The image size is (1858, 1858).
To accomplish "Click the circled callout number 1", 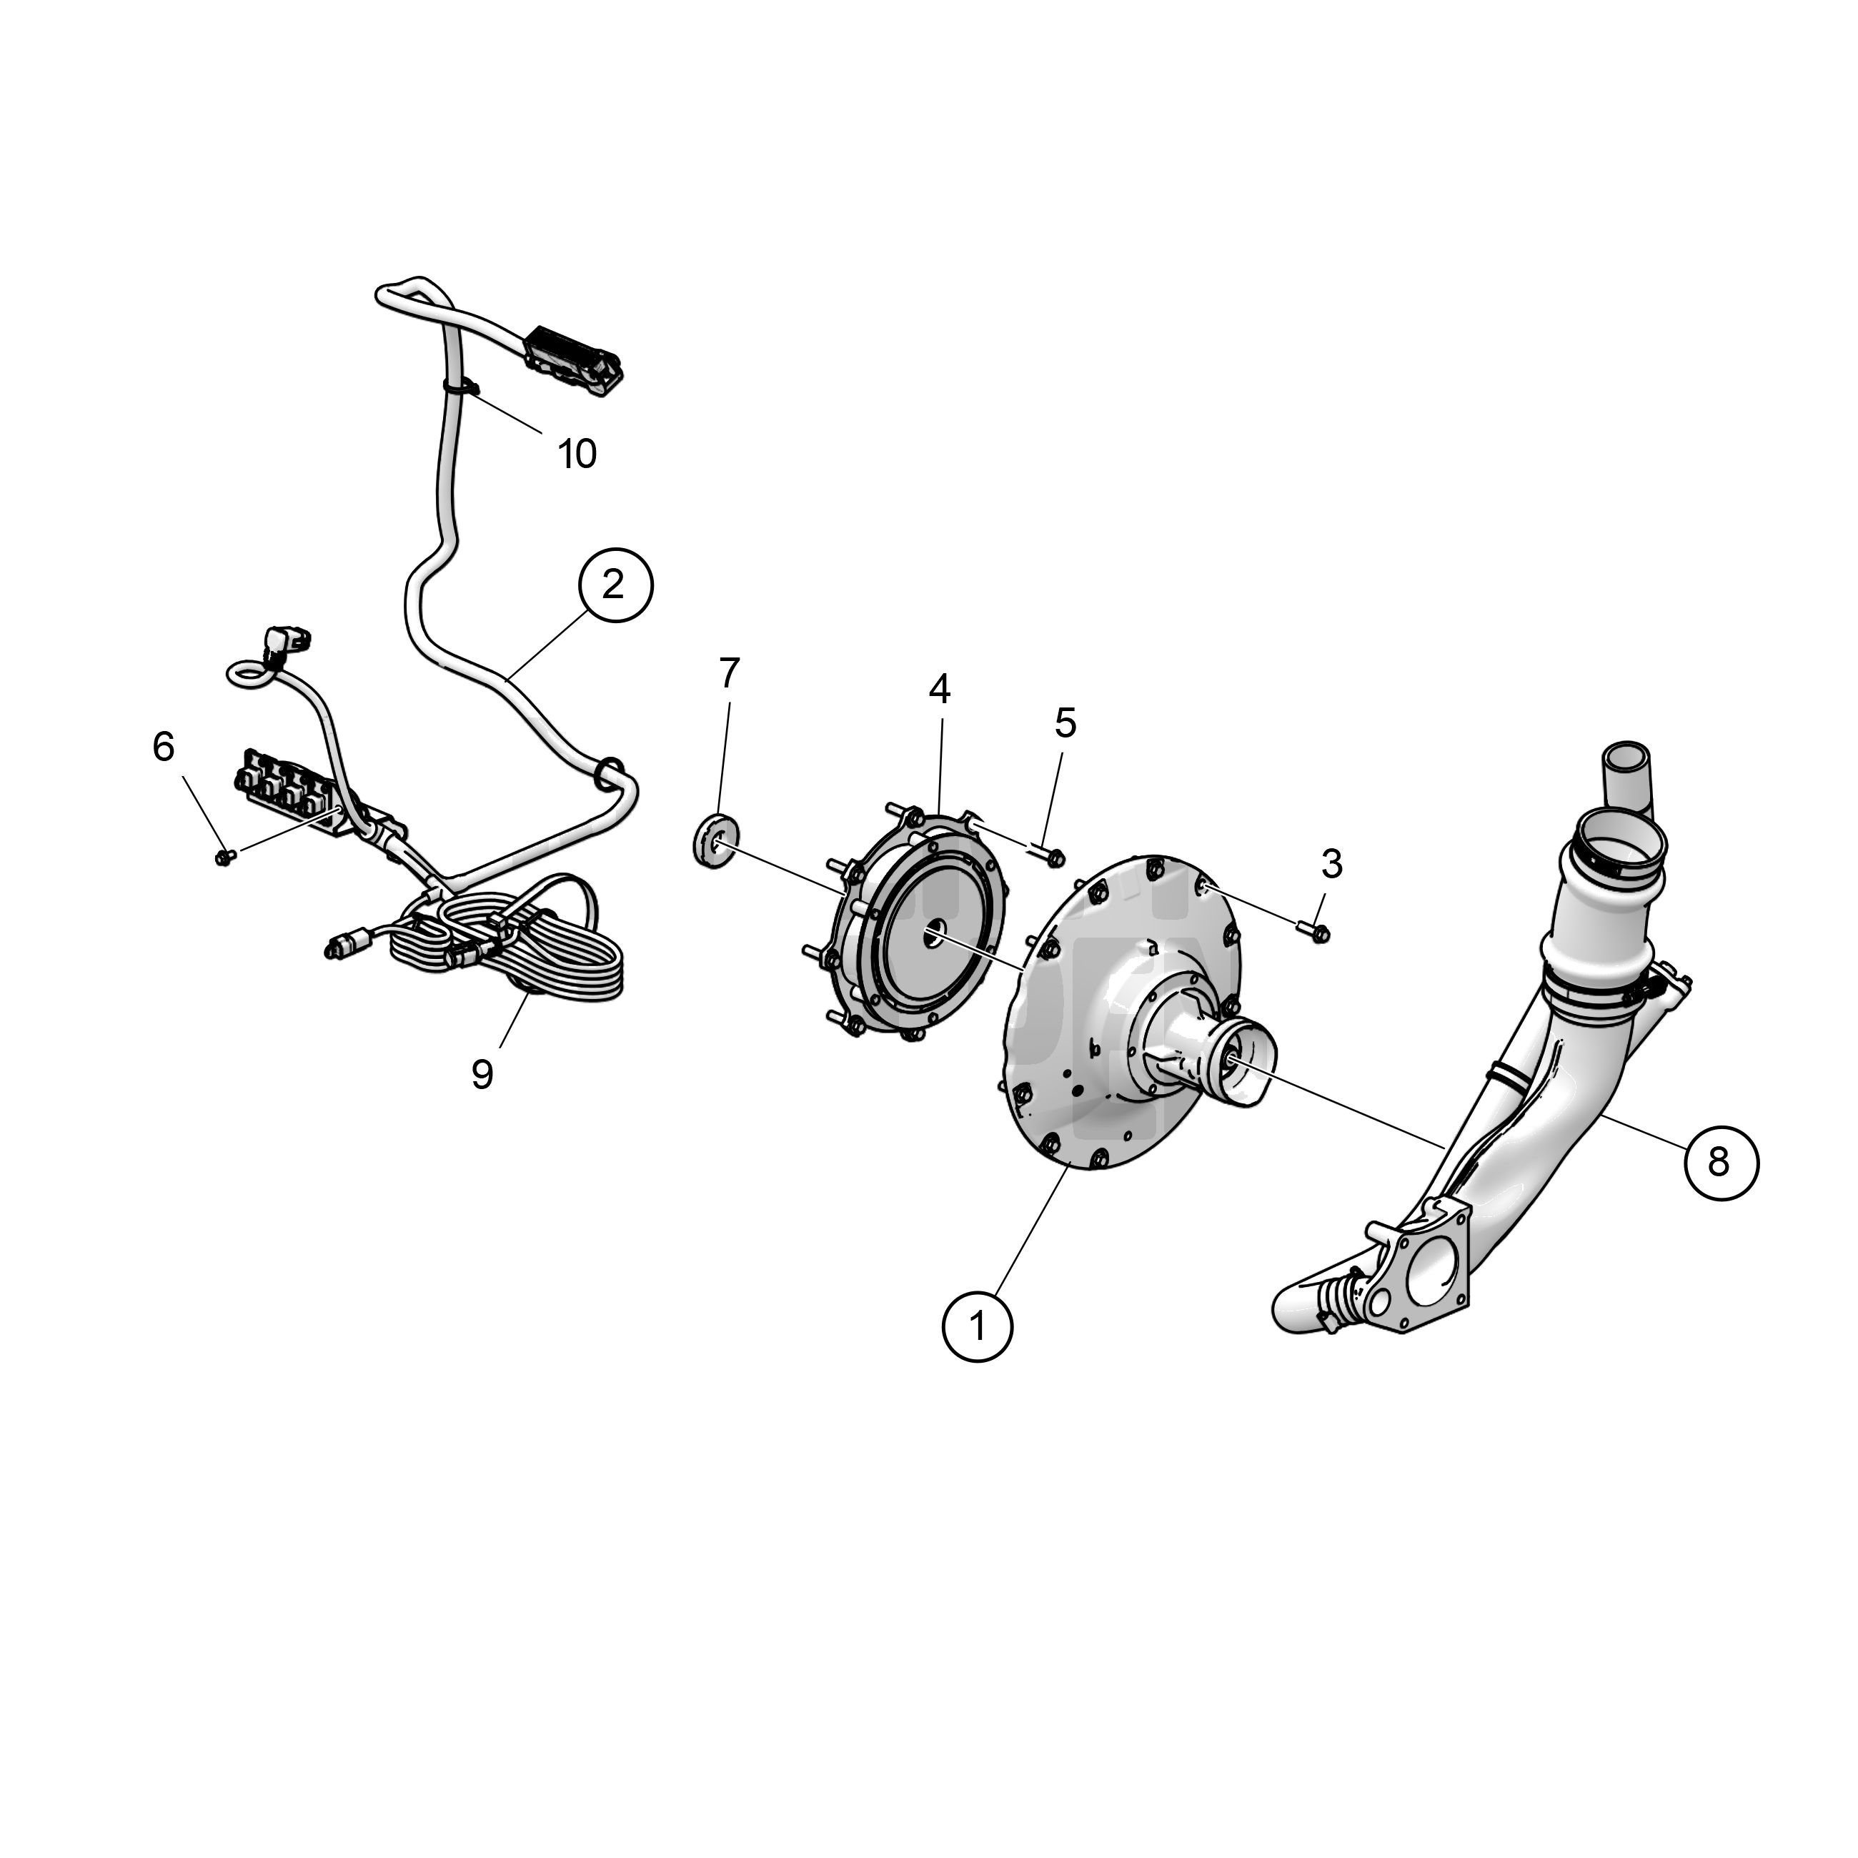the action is (x=978, y=1326).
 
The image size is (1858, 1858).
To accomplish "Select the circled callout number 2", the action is (x=615, y=585).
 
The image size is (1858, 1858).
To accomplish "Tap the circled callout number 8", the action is (x=1721, y=1163).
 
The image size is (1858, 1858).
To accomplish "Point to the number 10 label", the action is (x=577, y=454).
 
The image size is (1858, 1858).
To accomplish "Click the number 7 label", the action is (x=729, y=673).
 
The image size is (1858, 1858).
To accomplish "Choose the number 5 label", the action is (x=1065, y=723).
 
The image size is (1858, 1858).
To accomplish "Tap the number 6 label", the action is (x=164, y=746).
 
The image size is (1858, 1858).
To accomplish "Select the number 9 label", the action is (x=482, y=1074).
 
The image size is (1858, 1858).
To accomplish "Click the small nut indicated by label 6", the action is (x=225, y=855).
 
